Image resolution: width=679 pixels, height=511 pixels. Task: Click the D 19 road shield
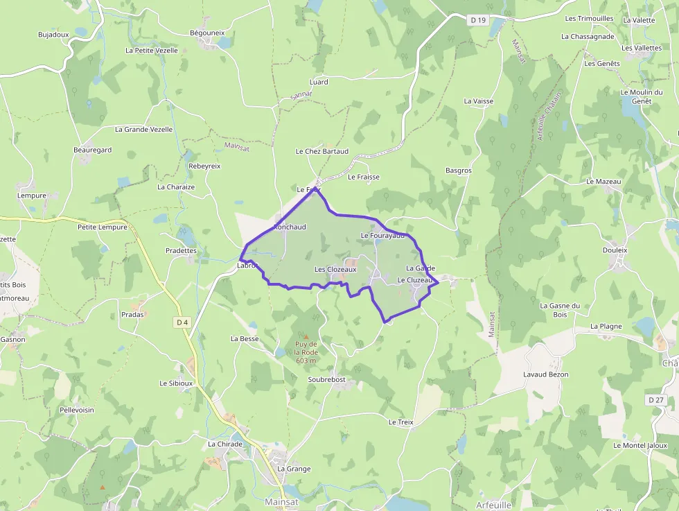click(x=478, y=20)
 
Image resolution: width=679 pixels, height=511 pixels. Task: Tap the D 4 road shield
click(x=182, y=322)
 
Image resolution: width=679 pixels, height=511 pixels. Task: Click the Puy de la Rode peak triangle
click(x=306, y=337)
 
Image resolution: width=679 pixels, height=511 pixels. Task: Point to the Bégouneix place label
click(x=207, y=33)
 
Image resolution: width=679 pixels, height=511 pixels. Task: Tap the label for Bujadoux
click(x=53, y=34)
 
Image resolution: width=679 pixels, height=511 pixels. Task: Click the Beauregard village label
click(x=92, y=150)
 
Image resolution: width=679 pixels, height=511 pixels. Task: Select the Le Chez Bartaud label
click(x=321, y=151)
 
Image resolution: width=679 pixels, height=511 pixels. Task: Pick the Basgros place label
click(x=459, y=170)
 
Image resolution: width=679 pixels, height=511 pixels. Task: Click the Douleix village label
click(x=615, y=250)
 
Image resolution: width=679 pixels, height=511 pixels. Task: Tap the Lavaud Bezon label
click(x=546, y=374)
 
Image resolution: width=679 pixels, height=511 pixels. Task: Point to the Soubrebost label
click(x=326, y=380)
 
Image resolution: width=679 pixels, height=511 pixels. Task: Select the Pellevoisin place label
click(x=76, y=410)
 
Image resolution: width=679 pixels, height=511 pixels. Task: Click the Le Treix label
click(x=400, y=422)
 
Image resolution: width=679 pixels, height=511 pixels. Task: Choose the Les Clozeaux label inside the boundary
click(x=335, y=269)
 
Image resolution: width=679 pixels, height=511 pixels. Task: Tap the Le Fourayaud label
click(x=382, y=236)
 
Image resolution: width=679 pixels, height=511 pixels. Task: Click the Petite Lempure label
click(x=102, y=227)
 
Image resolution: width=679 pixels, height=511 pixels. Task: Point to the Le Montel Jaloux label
click(x=640, y=445)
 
